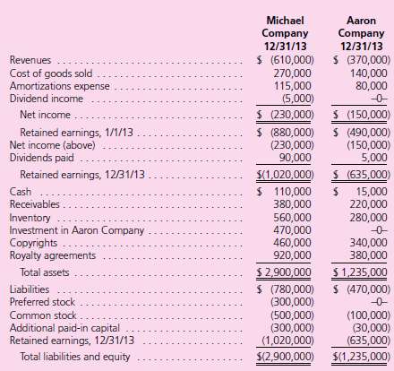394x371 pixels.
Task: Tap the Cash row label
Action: pyautogui.click(x=18, y=192)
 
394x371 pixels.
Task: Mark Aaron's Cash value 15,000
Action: pyautogui.click(x=367, y=192)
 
